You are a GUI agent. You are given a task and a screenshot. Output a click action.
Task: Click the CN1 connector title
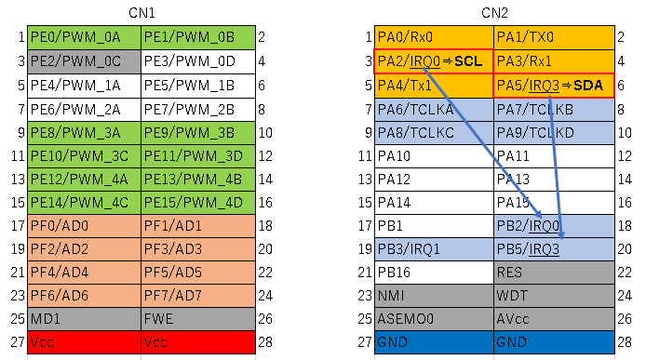pos(141,13)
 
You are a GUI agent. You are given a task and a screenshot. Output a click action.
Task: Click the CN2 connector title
pos(494,13)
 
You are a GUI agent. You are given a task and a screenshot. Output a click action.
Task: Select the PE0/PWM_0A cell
pos(84,37)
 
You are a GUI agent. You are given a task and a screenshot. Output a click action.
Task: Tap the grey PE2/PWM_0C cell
pos(84,61)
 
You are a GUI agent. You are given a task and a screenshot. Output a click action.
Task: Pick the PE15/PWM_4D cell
pos(198,203)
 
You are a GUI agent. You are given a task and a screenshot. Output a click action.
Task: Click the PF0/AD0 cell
pos(84,226)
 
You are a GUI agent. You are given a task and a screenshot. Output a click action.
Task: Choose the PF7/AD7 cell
pos(198,296)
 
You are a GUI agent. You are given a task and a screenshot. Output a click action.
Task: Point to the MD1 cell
pos(84,319)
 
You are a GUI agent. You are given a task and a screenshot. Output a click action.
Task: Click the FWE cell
pos(198,319)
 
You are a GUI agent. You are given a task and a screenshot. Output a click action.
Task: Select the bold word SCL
pos(468,61)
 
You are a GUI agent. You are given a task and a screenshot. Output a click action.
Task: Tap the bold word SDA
pos(588,86)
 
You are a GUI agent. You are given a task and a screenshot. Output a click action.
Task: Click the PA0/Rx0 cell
pos(434,37)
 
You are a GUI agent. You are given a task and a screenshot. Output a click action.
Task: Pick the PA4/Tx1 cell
pos(434,86)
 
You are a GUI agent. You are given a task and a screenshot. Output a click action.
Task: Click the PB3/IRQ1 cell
pos(434,249)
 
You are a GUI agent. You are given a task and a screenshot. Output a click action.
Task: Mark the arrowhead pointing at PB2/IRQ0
pos(539,215)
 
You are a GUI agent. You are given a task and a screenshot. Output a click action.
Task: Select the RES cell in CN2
pos(554,273)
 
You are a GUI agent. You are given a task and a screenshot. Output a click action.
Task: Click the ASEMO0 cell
pos(434,319)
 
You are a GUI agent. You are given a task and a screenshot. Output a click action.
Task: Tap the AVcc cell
pos(554,319)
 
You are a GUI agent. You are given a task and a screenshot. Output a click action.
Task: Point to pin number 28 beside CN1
pos(265,342)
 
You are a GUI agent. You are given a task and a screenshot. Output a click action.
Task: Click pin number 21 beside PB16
pos(365,273)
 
